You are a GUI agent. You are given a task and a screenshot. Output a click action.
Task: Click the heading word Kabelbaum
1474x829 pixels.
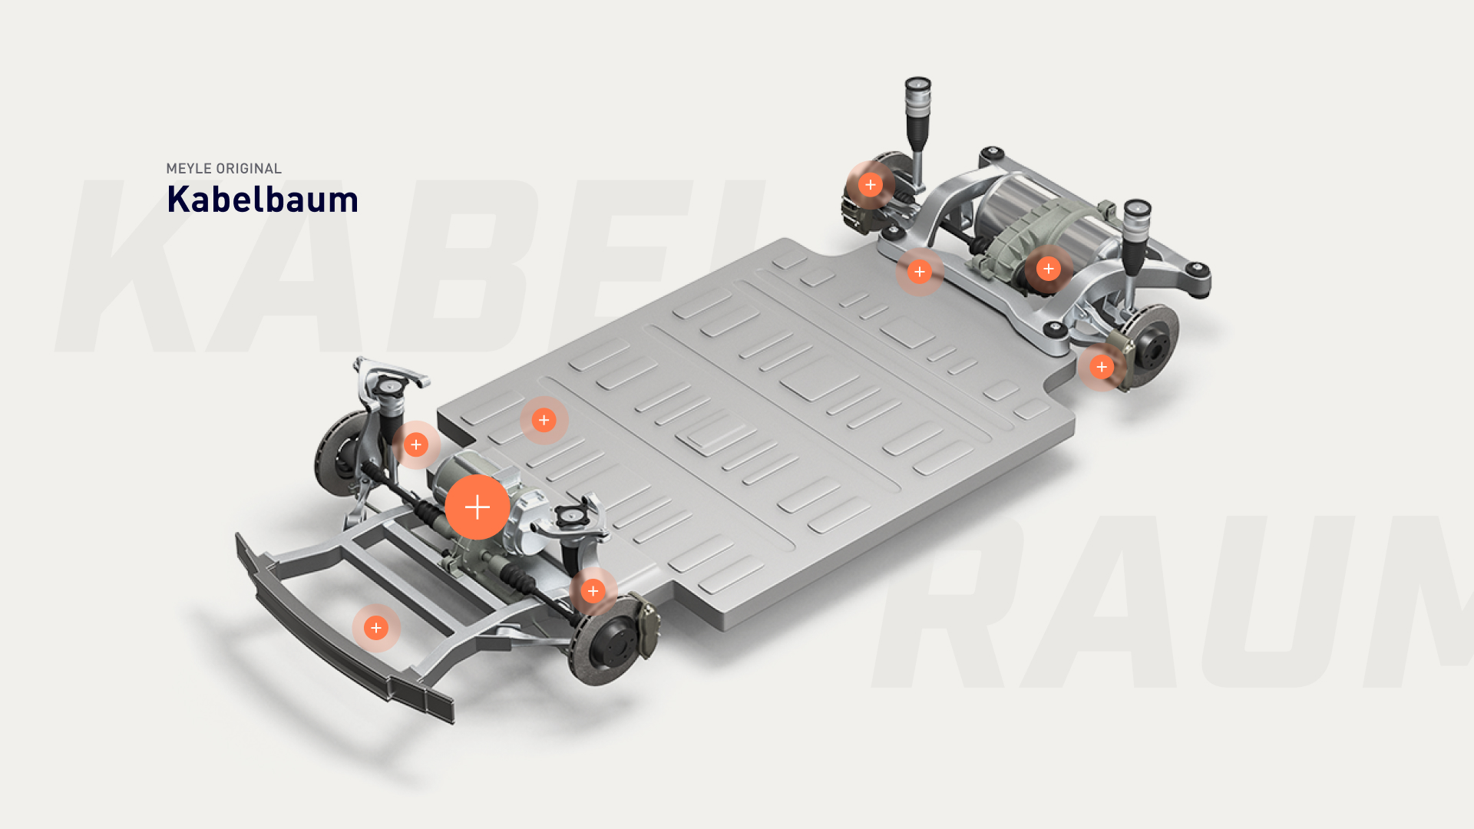pyautogui.click(x=263, y=200)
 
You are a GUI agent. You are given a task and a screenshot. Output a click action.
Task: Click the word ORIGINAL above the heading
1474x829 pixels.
pyautogui.click(x=249, y=169)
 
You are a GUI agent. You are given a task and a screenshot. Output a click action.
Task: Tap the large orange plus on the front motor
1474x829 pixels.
pyautogui.click(x=478, y=507)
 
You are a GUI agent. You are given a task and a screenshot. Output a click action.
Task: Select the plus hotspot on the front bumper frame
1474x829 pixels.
pyautogui.click(x=376, y=628)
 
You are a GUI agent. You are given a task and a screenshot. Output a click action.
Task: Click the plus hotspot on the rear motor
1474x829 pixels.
pyautogui.click(x=1049, y=269)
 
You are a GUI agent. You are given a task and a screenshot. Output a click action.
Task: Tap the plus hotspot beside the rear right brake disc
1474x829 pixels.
pyautogui.click(x=1102, y=367)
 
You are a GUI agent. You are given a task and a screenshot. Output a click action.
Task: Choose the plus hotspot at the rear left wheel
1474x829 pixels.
pyautogui.click(x=871, y=185)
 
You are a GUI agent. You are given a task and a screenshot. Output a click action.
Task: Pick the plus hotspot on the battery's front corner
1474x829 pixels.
pyautogui.click(x=544, y=420)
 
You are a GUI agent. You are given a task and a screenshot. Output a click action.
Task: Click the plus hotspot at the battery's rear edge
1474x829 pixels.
pyautogui.click(x=920, y=272)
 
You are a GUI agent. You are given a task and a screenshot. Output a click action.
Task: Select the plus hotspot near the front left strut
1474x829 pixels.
pyautogui.click(x=416, y=444)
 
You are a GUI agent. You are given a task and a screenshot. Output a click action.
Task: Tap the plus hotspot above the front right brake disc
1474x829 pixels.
pyautogui.click(x=593, y=591)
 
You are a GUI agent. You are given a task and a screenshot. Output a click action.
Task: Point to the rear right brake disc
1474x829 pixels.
pyautogui.click(x=1147, y=345)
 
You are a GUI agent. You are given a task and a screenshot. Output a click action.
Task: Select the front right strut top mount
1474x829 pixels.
pyautogui.click(x=570, y=517)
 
